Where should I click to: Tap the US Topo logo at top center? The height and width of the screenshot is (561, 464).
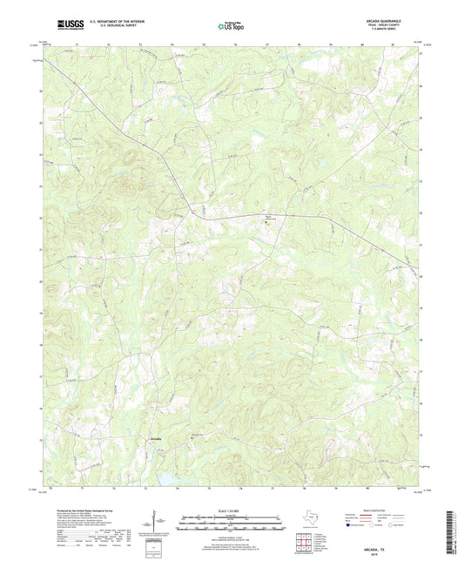click(232, 27)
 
